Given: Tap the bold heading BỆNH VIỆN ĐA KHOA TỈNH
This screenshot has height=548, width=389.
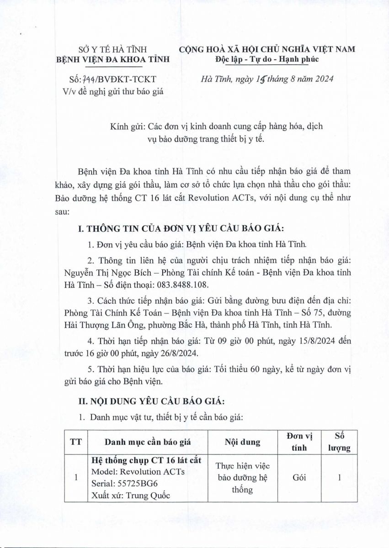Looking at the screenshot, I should [x=112, y=59].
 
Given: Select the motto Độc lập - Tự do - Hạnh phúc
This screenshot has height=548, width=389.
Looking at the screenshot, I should [x=266, y=59].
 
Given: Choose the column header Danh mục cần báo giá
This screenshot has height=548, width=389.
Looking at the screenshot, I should [x=145, y=442].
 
